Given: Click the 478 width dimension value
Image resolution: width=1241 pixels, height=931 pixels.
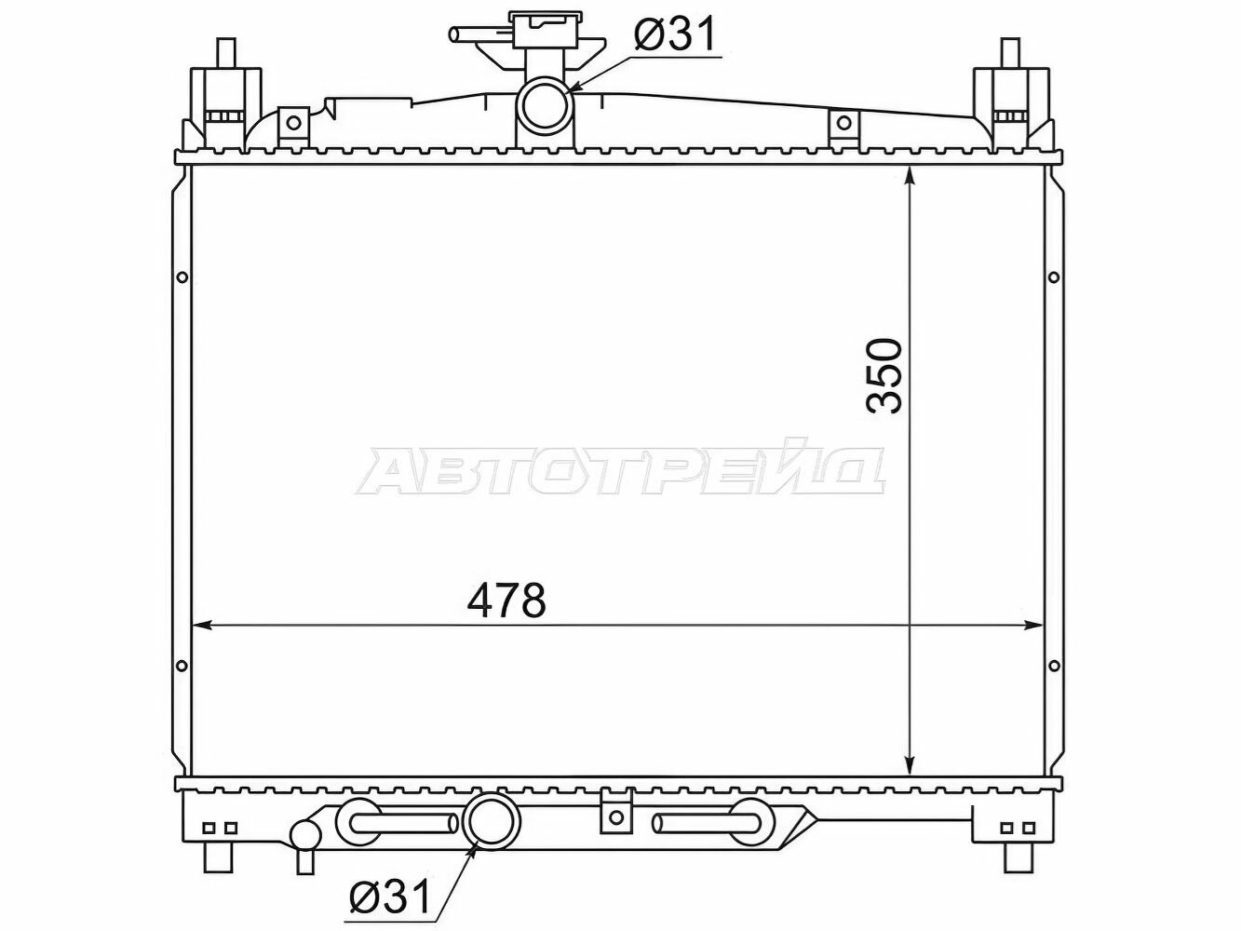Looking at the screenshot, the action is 506,600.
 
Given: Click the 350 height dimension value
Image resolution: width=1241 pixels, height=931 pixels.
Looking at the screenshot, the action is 884,376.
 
